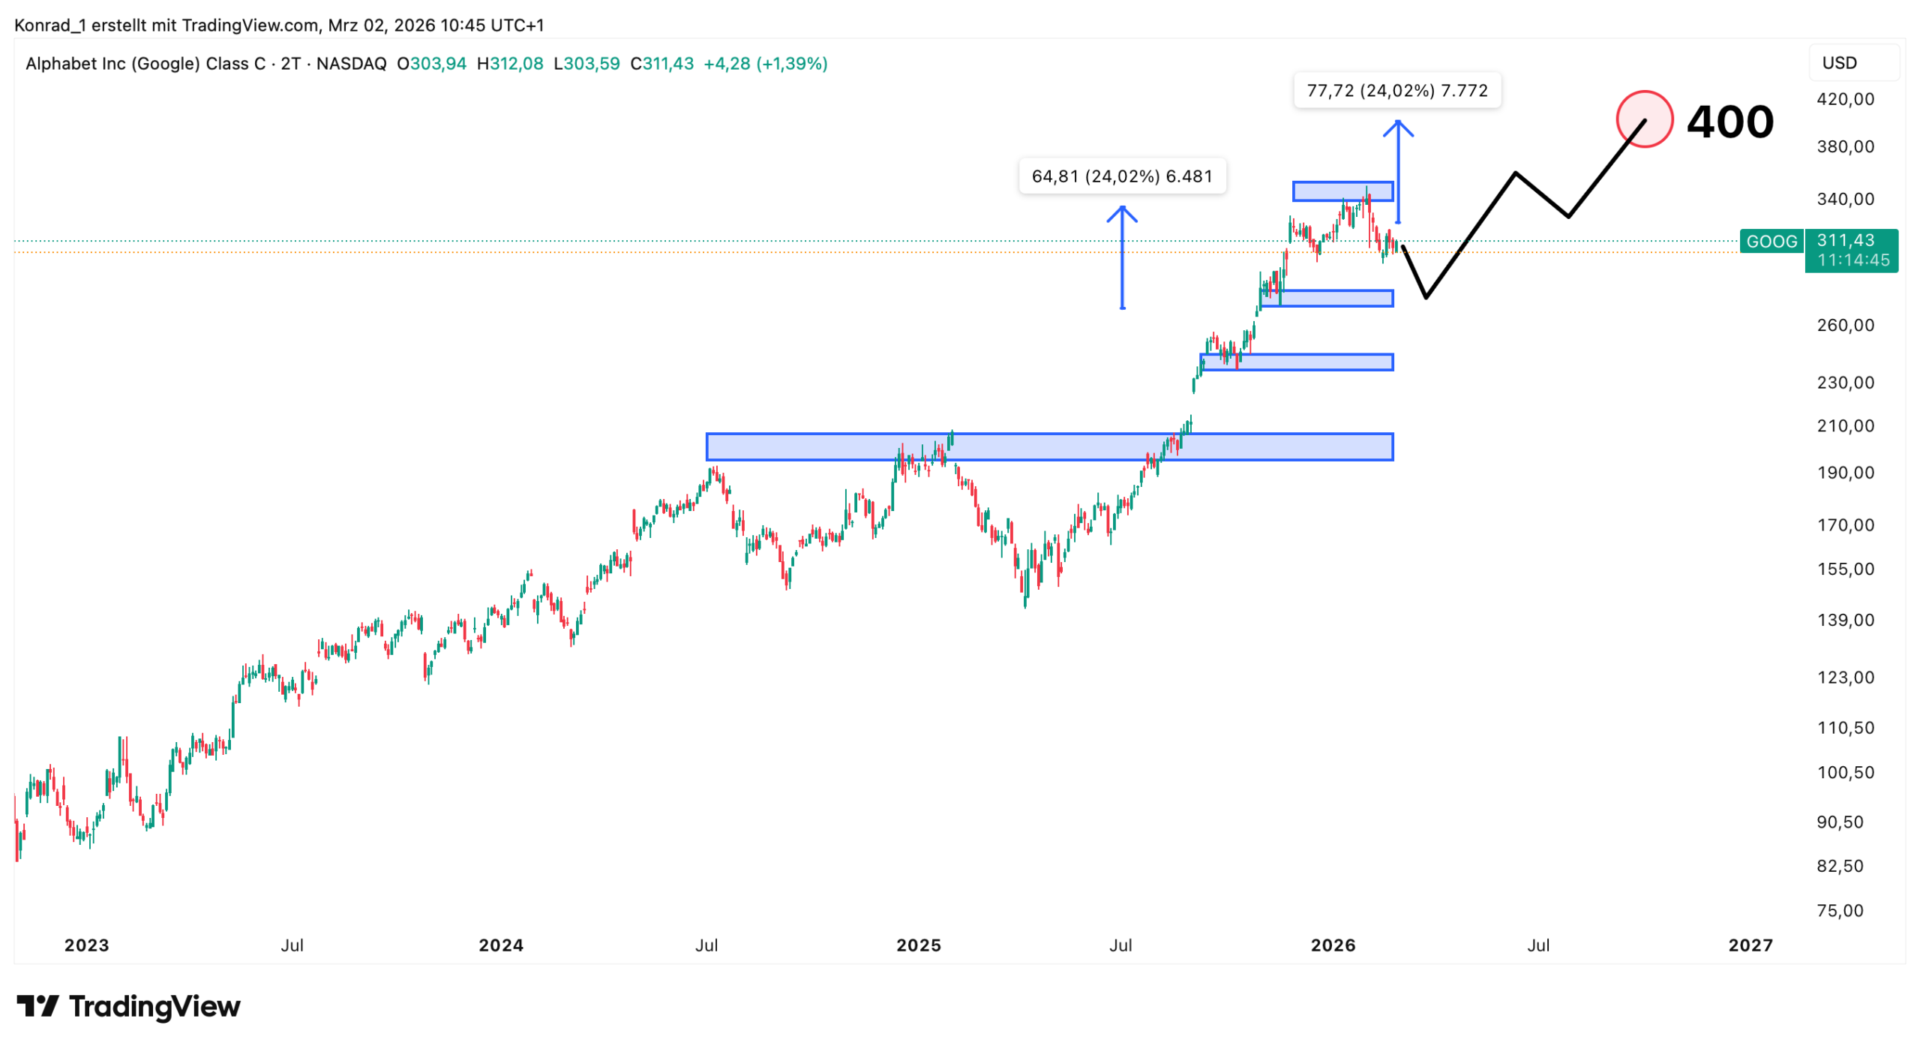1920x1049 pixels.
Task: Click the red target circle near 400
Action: pyautogui.click(x=1643, y=119)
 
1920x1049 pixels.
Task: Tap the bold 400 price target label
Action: pyautogui.click(x=1729, y=122)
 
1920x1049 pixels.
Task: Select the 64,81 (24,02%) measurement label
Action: pyautogui.click(x=1121, y=176)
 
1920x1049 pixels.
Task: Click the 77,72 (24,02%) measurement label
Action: pyautogui.click(x=1396, y=91)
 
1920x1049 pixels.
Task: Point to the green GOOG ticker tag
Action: pyautogui.click(x=1771, y=242)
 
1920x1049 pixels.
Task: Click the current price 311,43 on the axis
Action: pyautogui.click(x=1845, y=240)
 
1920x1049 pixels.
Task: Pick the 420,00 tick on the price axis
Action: pyautogui.click(x=1844, y=99)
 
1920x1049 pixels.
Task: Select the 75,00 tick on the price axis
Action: pyautogui.click(x=1839, y=910)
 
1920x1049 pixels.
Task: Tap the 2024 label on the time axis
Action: pyautogui.click(x=501, y=945)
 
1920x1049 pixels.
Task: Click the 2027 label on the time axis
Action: pyautogui.click(x=1750, y=945)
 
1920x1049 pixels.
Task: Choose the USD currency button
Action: pyautogui.click(x=1839, y=63)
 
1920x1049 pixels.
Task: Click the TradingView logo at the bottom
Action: pyautogui.click(x=128, y=1006)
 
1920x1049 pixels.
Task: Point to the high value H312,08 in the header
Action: pyautogui.click(x=510, y=64)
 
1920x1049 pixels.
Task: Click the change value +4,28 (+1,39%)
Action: pyautogui.click(x=765, y=64)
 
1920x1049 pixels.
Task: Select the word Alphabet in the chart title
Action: pyautogui.click(x=61, y=64)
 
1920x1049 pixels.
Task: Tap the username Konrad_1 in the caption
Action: pyautogui.click(x=49, y=26)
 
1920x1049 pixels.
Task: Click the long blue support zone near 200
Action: pyautogui.click(x=1048, y=446)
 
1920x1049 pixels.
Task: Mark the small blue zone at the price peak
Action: pyautogui.click(x=1342, y=191)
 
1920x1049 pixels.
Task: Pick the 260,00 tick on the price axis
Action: pyautogui.click(x=1844, y=325)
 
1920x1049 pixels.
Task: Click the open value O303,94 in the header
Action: pyautogui.click(x=431, y=64)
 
